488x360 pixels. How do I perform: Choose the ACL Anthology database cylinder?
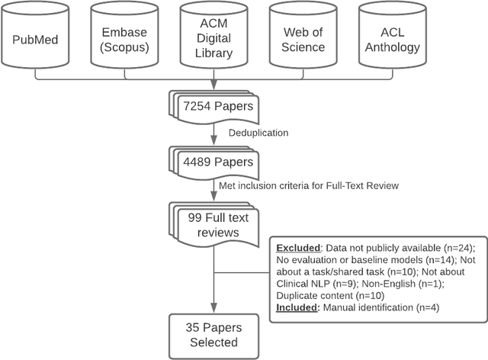coord(390,38)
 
